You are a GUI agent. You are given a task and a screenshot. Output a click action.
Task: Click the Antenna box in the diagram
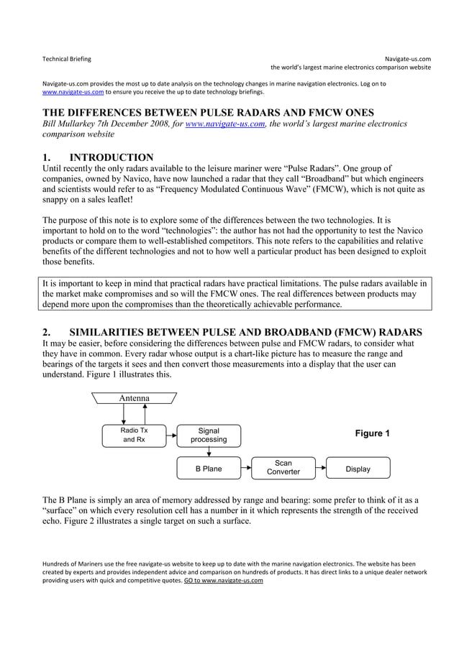[x=135, y=398]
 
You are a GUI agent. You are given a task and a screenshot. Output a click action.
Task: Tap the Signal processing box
[x=209, y=435]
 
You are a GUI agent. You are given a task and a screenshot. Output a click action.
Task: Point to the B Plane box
[x=209, y=469]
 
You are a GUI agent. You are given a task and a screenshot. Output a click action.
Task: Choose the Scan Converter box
[x=283, y=468]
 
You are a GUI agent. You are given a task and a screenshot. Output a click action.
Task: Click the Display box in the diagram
[x=358, y=469]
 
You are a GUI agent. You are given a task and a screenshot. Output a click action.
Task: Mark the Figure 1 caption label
[x=372, y=433]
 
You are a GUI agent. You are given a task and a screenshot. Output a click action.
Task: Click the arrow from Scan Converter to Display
[x=321, y=469]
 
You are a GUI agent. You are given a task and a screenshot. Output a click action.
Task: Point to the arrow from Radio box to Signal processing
[x=172, y=435]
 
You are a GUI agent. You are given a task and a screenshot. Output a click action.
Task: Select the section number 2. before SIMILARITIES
[x=47, y=332]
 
